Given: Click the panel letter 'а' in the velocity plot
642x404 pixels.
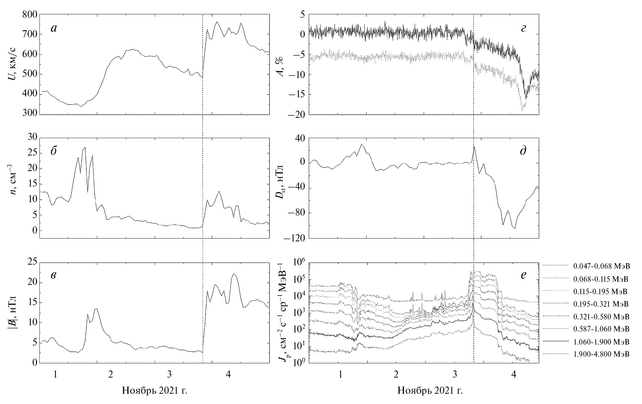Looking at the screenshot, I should [x=54, y=28].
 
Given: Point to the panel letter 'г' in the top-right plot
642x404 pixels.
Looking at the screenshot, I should [x=524, y=28].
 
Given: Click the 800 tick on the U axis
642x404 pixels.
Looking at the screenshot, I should [x=30, y=15].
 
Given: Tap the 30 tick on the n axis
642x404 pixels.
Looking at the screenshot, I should [x=33, y=138].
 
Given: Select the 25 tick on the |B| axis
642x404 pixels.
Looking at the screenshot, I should [x=33, y=262].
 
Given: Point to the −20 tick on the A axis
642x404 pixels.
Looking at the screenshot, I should [x=296, y=114].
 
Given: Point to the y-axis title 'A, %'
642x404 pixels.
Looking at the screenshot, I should [x=281, y=65].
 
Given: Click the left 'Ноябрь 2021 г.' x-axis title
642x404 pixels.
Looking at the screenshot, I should [x=155, y=390].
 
